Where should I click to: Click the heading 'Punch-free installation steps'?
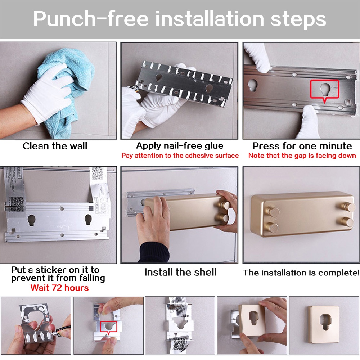click(180, 19)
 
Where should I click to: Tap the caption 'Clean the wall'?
click(55, 146)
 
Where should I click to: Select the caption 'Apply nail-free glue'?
click(180, 146)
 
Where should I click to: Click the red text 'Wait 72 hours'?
click(59, 288)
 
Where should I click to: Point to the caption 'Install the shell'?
click(180, 272)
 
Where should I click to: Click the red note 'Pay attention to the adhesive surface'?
click(180, 156)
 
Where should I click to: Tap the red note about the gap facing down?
click(302, 156)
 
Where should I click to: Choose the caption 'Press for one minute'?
click(302, 146)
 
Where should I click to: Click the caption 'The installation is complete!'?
click(301, 273)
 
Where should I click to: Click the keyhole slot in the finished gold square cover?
click(325, 322)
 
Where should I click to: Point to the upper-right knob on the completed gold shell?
click(348, 206)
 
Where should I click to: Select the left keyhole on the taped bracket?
click(31, 220)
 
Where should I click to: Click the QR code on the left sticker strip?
click(17, 204)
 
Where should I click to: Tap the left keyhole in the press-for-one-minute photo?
click(253, 85)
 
